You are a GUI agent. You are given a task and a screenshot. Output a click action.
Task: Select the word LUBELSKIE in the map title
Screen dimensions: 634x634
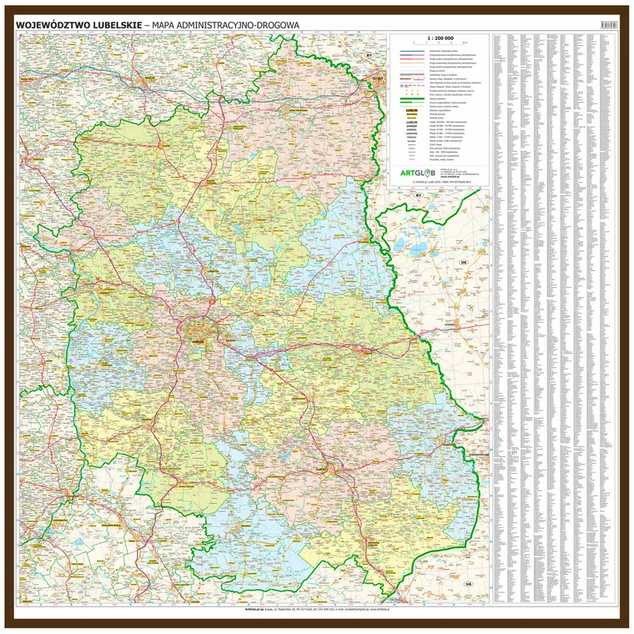tap(115, 25)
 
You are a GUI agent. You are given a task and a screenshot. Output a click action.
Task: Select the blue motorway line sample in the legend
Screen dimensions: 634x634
tap(410, 51)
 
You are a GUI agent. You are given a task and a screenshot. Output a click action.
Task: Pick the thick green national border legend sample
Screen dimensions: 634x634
tap(410, 99)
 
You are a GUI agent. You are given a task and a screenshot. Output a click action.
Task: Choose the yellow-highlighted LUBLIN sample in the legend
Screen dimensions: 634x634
tap(411, 108)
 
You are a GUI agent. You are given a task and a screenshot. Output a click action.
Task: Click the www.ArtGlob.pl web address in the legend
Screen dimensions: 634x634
tap(448, 176)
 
